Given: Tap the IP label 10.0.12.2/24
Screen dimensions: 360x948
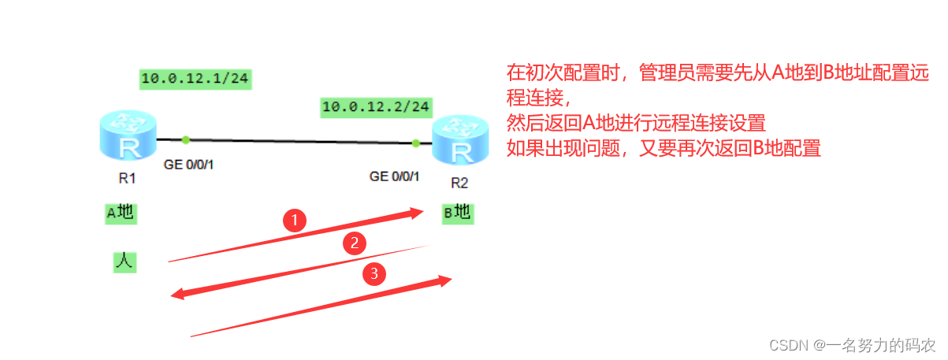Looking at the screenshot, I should click(x=376, y=106).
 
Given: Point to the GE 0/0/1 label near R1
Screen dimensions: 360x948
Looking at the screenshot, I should click(x=189, y=165).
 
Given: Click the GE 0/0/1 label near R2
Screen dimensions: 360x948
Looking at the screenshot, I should click(x=395, y=176).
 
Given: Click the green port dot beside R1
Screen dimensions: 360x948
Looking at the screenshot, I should click(x=185, y=140).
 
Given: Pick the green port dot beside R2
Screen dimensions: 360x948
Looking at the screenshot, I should click(x=415, y=143).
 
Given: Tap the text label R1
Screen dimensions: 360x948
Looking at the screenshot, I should click(x=128, y=178).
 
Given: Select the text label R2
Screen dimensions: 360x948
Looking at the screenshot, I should click(x=459, y=184).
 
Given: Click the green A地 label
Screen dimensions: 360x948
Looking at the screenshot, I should click(x=120, y=213).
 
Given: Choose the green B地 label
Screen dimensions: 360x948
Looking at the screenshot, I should click(x=458, y=212).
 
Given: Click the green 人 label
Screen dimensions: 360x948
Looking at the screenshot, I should click(x=123, y=262).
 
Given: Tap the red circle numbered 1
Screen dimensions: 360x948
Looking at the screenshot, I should click(x=295, y=221).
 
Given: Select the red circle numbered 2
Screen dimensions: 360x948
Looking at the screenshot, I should click(x=355, y=243).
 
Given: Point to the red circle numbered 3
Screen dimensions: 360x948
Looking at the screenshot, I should click(x=374, y=273).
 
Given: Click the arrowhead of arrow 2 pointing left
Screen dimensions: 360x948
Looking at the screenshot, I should click(x=179, y=295).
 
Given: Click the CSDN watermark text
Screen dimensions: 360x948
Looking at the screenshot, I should click(x=851, y=345).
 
